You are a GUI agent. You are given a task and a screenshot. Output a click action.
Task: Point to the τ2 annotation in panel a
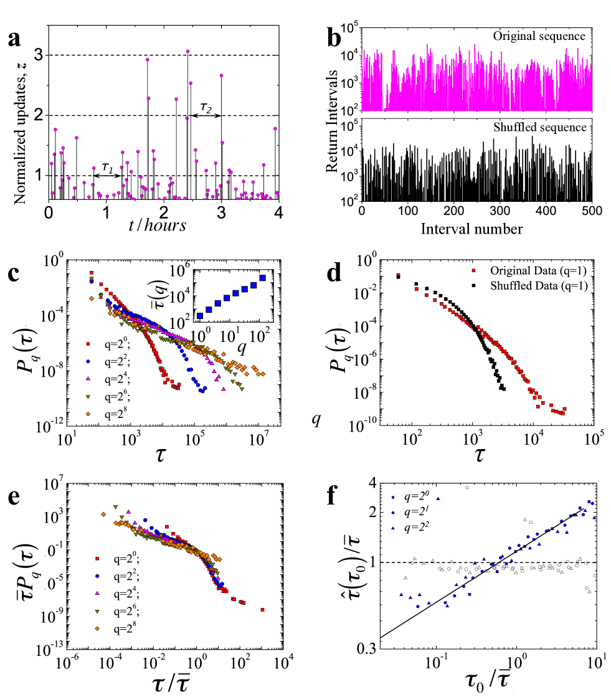coord(206,108)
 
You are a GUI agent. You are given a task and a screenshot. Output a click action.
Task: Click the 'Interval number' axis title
coord(471,229)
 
